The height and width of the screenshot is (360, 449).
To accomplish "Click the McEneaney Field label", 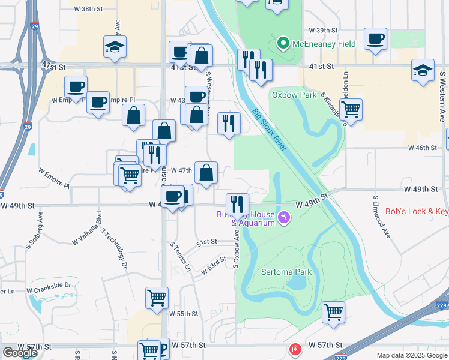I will [324, 44].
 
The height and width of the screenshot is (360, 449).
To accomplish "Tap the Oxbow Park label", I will [285, 95].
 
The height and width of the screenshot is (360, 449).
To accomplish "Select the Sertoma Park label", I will [286, 272].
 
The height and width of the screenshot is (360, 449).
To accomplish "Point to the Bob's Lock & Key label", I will [417, 212].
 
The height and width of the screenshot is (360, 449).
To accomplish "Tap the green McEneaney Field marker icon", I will [283, 44].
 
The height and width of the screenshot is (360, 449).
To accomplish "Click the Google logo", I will [20, 352].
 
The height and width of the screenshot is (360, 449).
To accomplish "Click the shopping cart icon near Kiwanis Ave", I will [351, 109].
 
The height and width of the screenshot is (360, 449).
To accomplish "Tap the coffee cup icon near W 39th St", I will [375, 39].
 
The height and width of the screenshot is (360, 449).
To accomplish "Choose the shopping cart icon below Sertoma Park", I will [333, 311].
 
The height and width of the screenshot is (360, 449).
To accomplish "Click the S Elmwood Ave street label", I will [382, 217].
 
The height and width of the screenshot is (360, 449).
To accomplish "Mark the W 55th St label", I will [183, 314].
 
